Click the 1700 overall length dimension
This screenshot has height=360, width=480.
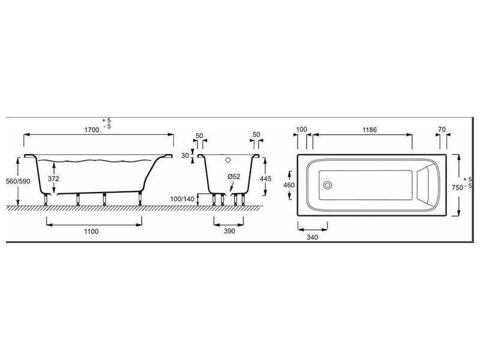[x=92, y=130]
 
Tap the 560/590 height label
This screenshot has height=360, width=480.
[x=19, y=181]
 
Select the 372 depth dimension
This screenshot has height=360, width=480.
[x=53, y=178]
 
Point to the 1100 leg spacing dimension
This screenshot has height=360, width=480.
[x=91, y=231]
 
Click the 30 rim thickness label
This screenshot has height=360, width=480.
[x=185, y=155]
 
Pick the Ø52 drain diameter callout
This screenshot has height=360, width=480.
[x=234, y=176]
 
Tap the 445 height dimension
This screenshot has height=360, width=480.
[x=265, y=178]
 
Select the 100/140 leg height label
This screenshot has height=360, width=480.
[x=182, y=199]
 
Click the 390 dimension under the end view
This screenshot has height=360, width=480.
[x=229, y=231]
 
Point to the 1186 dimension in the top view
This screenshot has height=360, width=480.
[x=370, y=130]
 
